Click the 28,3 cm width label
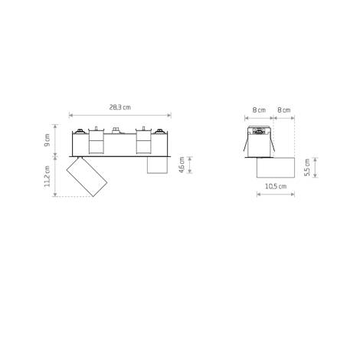click(x=120, y=107)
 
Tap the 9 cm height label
click(x=47, y=139)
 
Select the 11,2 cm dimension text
click(x=47, y=178)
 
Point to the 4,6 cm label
click(x=182, y=165)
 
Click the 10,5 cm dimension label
click(x=275, y=186)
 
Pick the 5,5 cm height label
click(x=306, y=168)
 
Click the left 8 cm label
click(x=259, y=110)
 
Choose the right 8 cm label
click(x=284, y=110)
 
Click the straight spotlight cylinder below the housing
click(x=156, y=165)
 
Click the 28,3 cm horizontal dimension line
click(x=120, y=116)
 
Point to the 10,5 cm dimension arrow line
click(x=275, y=194)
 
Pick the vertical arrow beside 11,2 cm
click(x=56, y=177)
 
